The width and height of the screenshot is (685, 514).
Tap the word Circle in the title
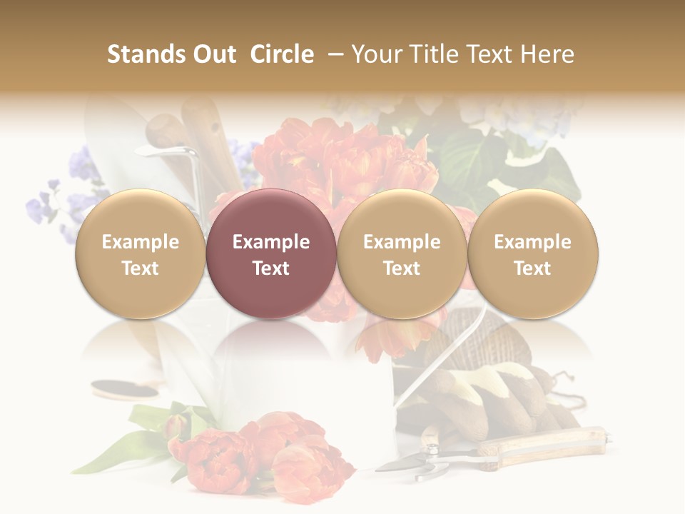coord(282,54)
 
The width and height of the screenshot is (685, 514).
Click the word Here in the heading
coord(548,54)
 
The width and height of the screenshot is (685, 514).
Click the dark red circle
coord(270,254)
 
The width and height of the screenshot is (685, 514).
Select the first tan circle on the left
coord(140,254)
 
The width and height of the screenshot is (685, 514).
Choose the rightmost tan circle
coord(532,254)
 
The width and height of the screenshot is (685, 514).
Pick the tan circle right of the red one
coord(402,254)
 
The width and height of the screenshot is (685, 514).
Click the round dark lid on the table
coord(125,390)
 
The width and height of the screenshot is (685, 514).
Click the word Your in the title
coord(375,54)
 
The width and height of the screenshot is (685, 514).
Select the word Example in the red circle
coord(270,242)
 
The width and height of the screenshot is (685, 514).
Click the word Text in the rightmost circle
coord(532,268)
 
